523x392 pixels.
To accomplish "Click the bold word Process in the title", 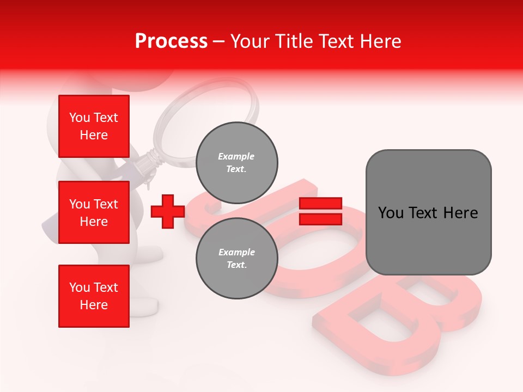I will pyautogui.click(x=171, y=41).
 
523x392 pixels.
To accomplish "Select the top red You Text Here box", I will pyautogui.click(x=94, y=126).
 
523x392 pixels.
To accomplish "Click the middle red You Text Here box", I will pyautogui.click(x=94, y=212).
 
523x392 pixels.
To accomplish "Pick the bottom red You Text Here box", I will pyautogui.click(x=94, y=296).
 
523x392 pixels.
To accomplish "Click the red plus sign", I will pyautogui.click(x=167, y=211).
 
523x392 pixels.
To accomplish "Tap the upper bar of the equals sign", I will pyautogui.click(x=321, y=204).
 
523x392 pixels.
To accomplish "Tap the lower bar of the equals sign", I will pyautogui.click(x=321, y=219).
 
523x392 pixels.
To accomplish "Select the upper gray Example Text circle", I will pyautogui.click(x=236, y=162).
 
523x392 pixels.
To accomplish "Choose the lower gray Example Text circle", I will pyautogui.click(x=236, y=258).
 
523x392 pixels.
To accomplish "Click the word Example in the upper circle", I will pyautogui.click(x=236, y=156).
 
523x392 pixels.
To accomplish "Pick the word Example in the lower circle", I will pyautogui.click(x=236, y=252).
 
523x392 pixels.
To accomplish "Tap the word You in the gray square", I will pyautogui.click(x=391, y=213).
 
